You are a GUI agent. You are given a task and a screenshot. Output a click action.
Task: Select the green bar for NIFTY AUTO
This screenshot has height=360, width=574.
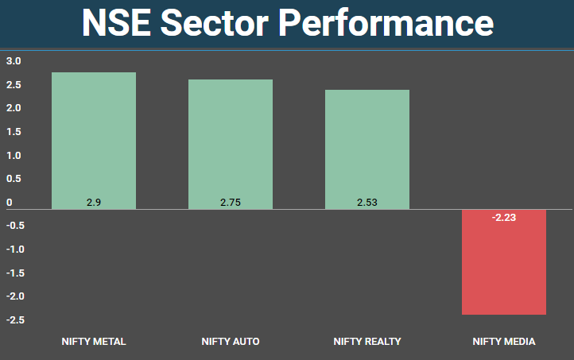(x=231, y=144)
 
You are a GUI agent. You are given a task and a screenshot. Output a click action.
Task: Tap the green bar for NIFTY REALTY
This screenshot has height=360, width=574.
(x=367, y=149)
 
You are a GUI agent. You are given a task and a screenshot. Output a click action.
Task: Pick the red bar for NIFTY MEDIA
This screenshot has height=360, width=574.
(x=504, y=261)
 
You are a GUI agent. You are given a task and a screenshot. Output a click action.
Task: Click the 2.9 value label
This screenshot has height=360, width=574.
(x=94, y=203)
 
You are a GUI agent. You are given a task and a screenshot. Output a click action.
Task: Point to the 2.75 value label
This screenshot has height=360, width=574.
(x=231, y=203)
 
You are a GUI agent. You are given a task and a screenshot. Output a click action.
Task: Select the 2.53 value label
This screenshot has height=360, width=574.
(x=367, y=203)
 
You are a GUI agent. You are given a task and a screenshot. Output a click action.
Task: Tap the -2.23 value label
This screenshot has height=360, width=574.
(x=503, y=217)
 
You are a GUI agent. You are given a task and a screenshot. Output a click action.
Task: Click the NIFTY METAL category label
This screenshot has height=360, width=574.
(x=94, y=342)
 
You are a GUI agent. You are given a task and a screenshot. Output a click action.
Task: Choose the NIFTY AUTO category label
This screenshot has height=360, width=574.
(x=231, y=342)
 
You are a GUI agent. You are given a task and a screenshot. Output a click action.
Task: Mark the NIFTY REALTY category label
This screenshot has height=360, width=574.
(x=367, y=342)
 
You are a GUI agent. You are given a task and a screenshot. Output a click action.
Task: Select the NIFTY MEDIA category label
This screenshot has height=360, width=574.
(x=504, y=342)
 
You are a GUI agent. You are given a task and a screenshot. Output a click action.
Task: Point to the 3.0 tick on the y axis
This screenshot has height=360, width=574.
(x=14, y=61)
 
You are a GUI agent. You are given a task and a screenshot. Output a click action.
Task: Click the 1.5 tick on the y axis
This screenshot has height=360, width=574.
(x=14, y=132)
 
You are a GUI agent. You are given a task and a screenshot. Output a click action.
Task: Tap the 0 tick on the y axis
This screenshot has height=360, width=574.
(x=10, y=203)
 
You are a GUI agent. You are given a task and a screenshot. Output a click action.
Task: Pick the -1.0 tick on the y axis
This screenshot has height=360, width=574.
(x=15, y=250)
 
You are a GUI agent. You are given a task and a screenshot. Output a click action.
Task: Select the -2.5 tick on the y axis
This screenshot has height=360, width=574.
(x=15, y=320)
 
